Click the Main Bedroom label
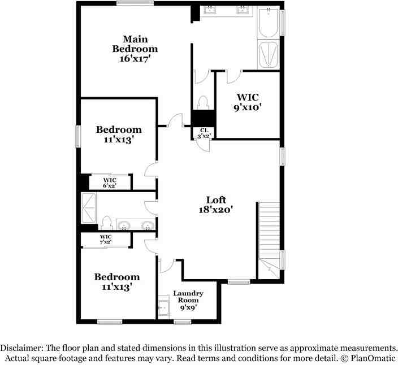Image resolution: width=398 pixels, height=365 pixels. [x=135, y=49]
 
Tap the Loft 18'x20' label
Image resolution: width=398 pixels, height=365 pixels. [x=216, y=205]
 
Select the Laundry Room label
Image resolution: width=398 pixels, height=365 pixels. [x=188, y=301]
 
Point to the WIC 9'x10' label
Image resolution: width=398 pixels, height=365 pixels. [x=248, y=102]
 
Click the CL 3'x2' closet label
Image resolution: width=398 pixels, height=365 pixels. [x=204, y=133]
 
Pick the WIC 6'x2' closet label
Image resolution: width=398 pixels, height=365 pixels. [x=110, y=182]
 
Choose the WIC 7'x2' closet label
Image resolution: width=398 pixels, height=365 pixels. [x=106, y=240]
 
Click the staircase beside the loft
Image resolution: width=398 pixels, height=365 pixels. [x=269, y=240]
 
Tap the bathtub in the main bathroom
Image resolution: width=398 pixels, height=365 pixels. [x=269, y=23]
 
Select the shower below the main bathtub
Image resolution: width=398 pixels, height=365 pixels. [x=269, y=54]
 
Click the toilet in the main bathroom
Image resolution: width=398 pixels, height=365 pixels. [x=203, y=103]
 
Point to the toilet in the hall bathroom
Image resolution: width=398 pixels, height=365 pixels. [x=106, y=223]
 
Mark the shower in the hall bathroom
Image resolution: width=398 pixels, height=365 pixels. [x=89, y=208]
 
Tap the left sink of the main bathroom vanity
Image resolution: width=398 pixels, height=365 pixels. [x=210, y=10]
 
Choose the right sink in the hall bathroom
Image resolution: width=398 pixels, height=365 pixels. [x=148, y=225]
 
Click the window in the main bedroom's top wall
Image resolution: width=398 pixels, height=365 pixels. [x=135, y=3]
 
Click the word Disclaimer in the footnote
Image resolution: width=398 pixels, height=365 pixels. [x=21, y=347]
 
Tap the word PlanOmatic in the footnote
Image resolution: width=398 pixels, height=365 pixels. [x=373, y=358]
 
